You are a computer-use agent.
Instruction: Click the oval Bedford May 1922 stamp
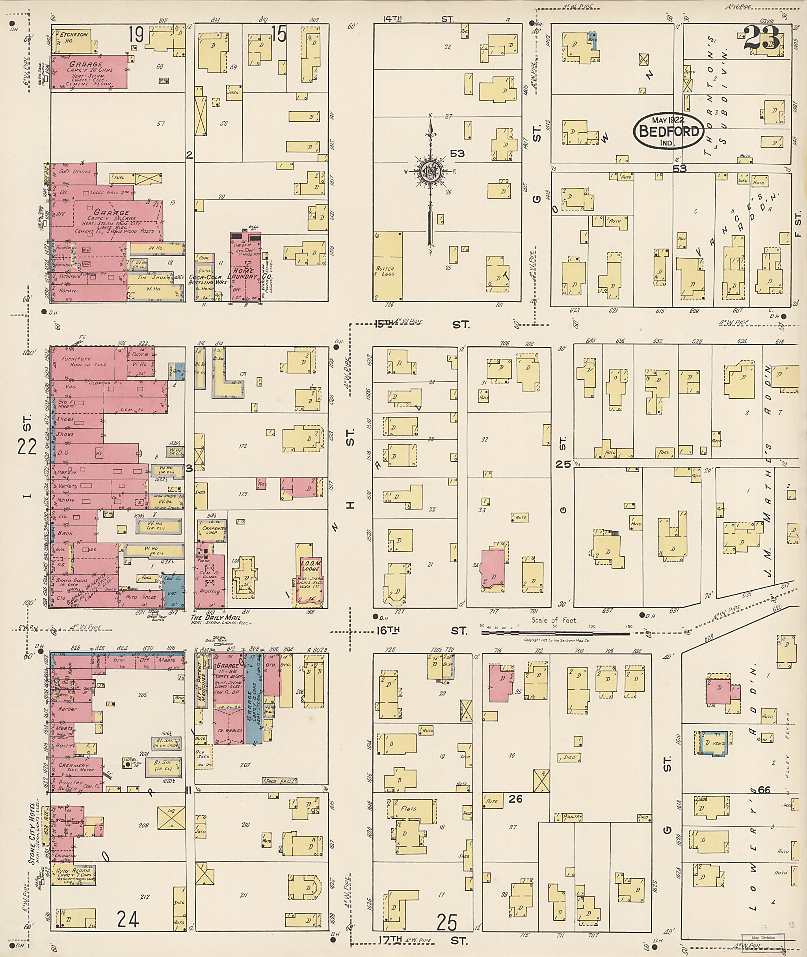click(668, 131)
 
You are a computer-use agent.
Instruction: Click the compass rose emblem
click(430, 171)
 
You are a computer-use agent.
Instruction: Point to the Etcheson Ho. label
click(72, 37)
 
